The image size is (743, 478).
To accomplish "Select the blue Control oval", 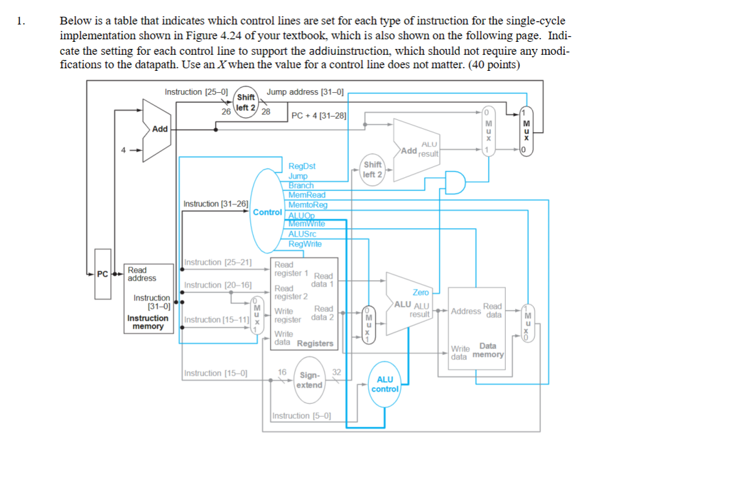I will click(266, 211).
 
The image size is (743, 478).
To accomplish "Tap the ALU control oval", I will click(385, 384).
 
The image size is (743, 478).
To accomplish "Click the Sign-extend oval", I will click(310, 380).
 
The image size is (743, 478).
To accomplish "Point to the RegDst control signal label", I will click(301, 166).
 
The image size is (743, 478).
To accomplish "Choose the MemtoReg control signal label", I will click(308, 205).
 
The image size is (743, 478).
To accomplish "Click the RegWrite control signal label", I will click(304, 244).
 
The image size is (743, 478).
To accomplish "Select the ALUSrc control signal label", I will click(302, 234).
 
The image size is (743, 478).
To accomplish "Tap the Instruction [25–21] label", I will click(218, 262).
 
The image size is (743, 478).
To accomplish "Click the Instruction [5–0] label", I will click(302, 416).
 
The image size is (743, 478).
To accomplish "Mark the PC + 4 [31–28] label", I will click(319, 116).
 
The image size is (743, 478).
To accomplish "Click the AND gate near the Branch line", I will click(455, 182).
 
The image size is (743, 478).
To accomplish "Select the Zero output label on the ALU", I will click(421, 292).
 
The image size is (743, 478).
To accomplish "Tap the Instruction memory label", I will click(148, 322).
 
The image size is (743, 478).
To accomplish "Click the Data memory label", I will click(488, 350).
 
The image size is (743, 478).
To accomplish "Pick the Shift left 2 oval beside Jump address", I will click(246, 103).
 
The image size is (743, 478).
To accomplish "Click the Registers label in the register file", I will click(315, 343).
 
